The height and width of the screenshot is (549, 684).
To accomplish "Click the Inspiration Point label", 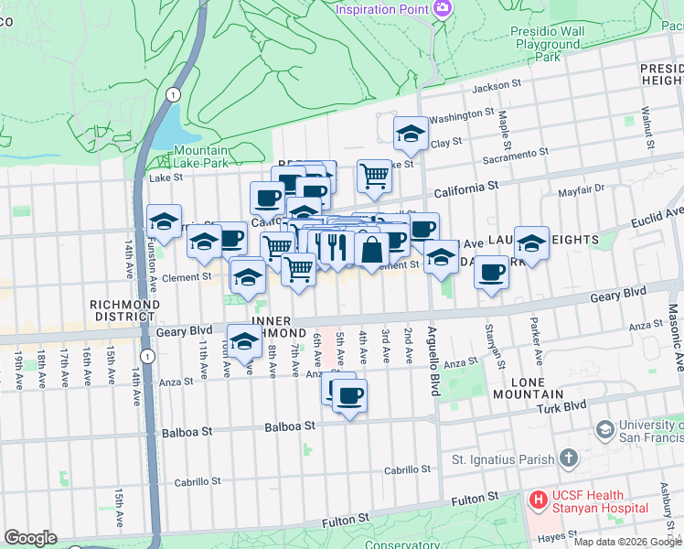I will click(x=382, y=9).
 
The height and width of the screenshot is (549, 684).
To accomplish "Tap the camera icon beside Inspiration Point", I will click(x=444, y=8).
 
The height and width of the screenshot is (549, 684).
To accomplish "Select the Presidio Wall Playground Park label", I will click(x=548, y=43).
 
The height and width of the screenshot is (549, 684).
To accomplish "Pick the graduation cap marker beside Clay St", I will click(x=411, y=134).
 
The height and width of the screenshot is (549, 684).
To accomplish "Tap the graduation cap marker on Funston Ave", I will click(x=165, y=221).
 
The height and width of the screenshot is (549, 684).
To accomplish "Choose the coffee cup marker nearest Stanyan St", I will click(x=491, y=272).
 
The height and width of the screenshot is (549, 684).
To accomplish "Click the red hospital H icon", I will click(x=538, y=501).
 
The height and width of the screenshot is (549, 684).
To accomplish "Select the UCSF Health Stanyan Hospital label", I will click(x=600, y=501).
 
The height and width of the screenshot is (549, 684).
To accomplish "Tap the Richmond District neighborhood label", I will click(x=121, y=310).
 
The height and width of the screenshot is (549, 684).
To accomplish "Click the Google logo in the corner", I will click(x=30, y=537).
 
